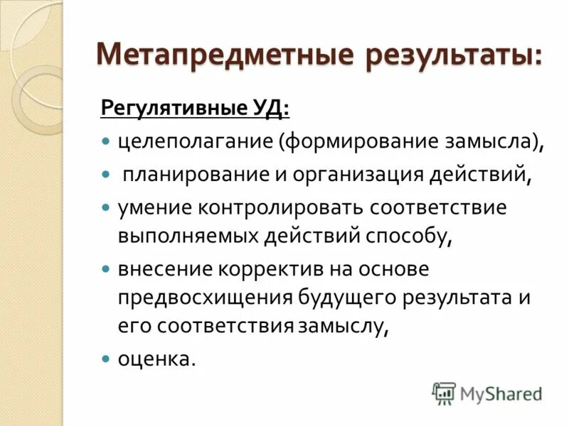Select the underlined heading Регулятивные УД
195,109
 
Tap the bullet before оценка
105,359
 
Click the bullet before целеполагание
105,141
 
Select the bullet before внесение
105,271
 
